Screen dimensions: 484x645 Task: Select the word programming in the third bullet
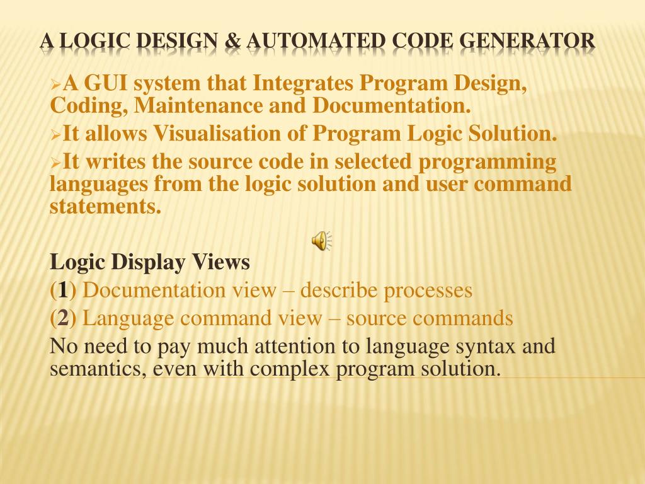(488, 163)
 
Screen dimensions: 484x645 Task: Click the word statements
(105, 206)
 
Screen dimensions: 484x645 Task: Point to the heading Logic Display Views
(150, 261)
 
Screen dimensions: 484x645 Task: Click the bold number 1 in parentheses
(63, 291)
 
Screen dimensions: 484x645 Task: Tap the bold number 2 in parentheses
(63, 319)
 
